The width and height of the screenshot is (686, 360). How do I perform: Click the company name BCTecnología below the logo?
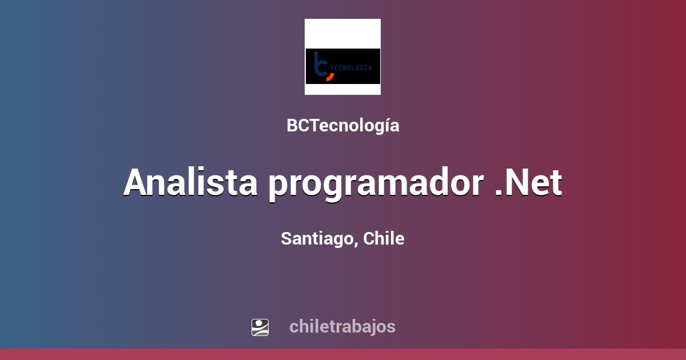(342, 126)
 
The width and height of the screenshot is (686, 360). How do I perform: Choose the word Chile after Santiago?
(384, 238)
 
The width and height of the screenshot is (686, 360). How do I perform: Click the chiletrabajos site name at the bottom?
(342, 326)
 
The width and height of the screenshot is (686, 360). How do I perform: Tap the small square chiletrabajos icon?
(260, 327)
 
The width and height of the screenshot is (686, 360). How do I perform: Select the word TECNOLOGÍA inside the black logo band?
(353, 67)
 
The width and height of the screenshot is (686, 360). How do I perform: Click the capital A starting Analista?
(139, 183)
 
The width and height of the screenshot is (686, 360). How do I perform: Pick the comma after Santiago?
(357, 245)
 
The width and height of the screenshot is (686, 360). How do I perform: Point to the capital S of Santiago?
(286, 239)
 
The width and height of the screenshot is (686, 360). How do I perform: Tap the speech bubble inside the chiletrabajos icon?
(260, 324)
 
